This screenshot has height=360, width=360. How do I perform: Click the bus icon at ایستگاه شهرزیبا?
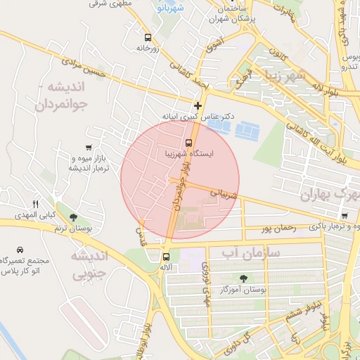[198, 143]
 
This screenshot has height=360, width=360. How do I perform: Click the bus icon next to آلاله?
[166, 257]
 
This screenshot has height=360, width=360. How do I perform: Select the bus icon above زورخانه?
[148, 37]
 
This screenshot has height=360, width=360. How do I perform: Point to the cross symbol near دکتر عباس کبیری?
[198, 105]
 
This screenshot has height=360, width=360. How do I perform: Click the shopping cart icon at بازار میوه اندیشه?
[88, 148]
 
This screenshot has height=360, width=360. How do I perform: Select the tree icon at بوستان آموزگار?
[244, 278]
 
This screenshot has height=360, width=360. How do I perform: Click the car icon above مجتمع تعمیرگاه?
[20, 250]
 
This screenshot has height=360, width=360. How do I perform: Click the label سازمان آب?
[251, 251]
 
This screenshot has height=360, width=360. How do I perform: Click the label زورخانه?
[148, 49]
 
